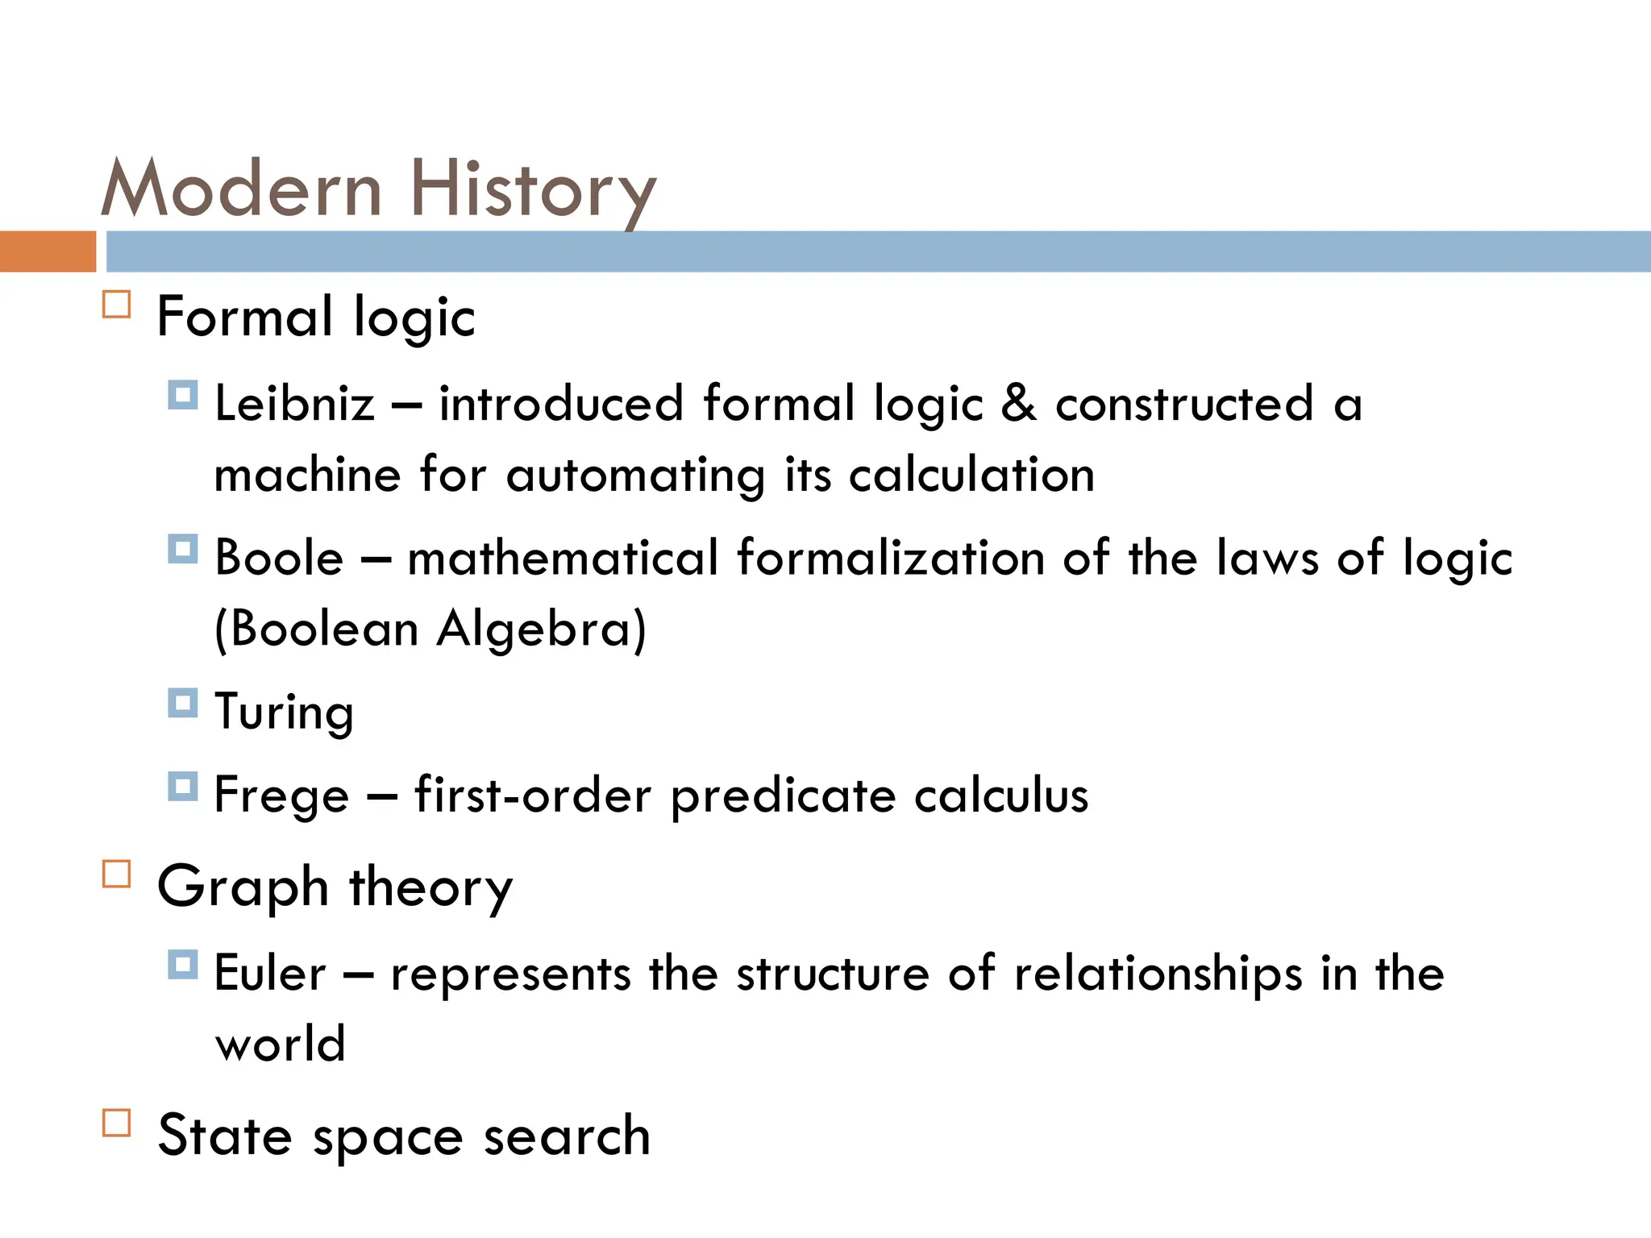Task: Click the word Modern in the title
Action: (241, 189)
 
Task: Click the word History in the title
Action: (533, 191)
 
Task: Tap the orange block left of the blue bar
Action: (48, 251)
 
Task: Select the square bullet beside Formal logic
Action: (117, 305)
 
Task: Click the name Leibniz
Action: (295, 403)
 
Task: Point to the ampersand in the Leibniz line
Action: (1018, 403)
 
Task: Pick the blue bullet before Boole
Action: (183, 550)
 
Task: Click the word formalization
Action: (891, 557)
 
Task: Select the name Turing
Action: (285, 712)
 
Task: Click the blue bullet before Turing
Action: (183, 703)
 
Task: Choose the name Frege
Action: (281, 796)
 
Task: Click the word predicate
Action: (783, 796)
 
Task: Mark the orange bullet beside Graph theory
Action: (117, 874)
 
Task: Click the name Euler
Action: (270, 973)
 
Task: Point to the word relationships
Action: (1158, 973)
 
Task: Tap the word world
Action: (281, 1044)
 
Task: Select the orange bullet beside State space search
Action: (117, 1123)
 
